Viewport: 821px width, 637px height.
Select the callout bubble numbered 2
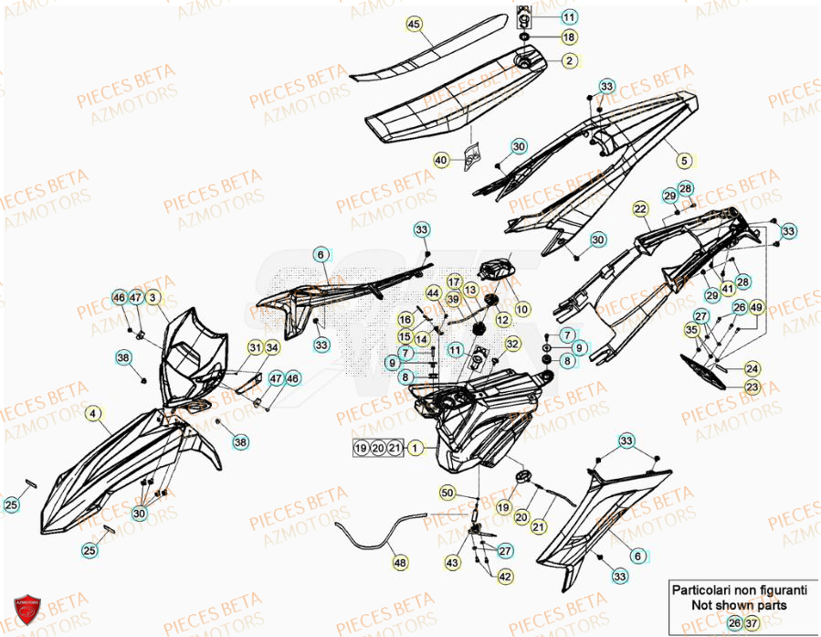click(x=568, y=61)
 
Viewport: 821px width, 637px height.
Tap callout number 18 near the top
click(x=568, y=37)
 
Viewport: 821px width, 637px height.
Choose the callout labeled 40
click(x=442, y=160)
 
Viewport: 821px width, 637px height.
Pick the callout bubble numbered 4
click(x=94, y=414)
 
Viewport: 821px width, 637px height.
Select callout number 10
click(x=522, y=310)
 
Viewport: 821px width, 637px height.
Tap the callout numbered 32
click(x=512, y=344)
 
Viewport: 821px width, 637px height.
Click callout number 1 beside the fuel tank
click(x=416, y=448)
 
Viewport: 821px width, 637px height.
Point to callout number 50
click(x=447, y=493)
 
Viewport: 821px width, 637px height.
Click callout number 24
click(x=751, y=368)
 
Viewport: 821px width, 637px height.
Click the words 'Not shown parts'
click(x=738, y=605)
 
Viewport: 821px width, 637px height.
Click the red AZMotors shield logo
click(x=27, y=610)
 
